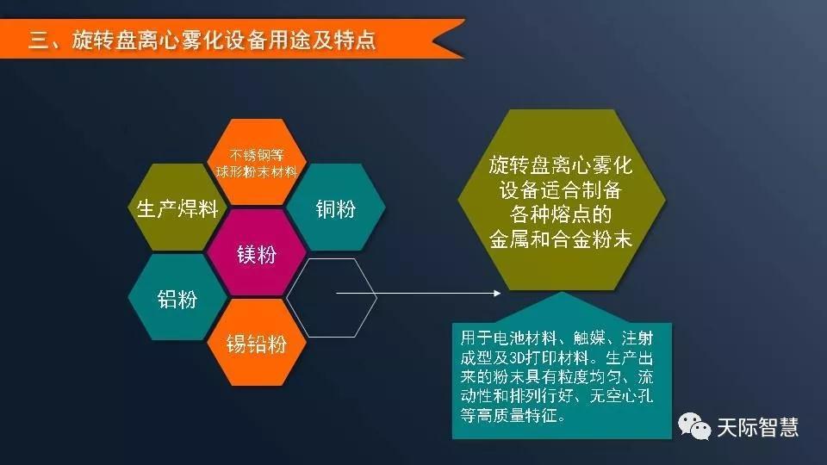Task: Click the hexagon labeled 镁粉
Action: tap(257, 253)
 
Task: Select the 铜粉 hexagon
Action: tap(335, 208)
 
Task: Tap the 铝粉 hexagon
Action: tap(177, 297)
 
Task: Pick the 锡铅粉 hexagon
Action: tap(257, 343)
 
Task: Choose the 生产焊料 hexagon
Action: tap(177, 208)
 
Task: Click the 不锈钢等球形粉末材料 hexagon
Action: tap(257, 162)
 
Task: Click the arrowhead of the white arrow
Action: tap(497, 293)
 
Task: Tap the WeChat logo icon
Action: tap(694, 425)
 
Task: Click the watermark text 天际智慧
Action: tap(757, 427)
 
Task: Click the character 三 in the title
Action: tap(39, 40)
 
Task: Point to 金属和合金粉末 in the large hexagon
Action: tap(560, 239)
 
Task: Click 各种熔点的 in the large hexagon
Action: tap(560, 214)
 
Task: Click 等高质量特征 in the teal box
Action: tap(508, 415)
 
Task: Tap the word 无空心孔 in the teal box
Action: tap(621, 395)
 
